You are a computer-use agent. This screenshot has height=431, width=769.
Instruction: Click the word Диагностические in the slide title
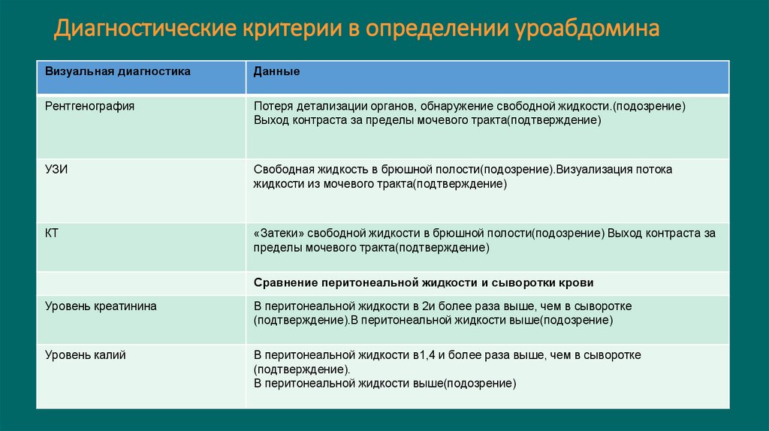tap(143, 29)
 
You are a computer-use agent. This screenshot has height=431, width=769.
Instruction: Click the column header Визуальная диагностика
tap(118, 71)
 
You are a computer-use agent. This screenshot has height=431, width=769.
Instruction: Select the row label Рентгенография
tap(90, 106)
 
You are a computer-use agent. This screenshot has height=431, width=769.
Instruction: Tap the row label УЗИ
tap(56, 170)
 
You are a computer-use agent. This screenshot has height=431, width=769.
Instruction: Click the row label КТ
tap(52, 234)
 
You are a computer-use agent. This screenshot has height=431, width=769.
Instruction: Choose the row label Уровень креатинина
tap(101, 306)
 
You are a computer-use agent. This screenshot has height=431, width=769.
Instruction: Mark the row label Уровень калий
tap(86, 355)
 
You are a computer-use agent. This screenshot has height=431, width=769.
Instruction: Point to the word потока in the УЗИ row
tap(655, 170)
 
